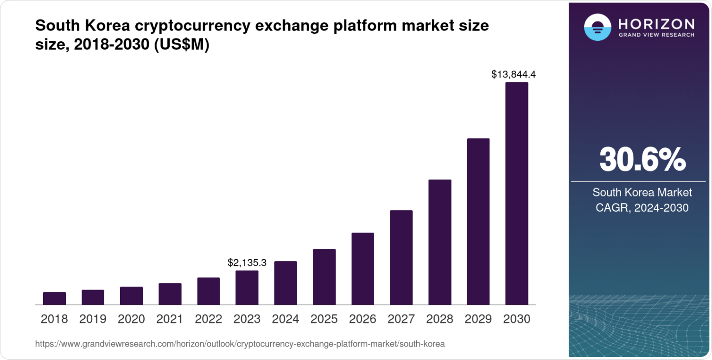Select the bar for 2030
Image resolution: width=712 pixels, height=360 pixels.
click(x=516, y=194)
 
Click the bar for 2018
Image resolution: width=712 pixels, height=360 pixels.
click(x=54, y=298)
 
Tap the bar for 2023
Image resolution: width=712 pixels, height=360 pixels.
click(x=247, y=288)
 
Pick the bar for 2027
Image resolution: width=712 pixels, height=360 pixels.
click(x=401, y=258)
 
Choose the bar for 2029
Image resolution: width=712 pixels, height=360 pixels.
click(x=478, y=221)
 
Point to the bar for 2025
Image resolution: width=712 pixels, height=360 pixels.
click(x=324, y=277)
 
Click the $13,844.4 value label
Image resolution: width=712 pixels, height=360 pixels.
click(x=514, y=74)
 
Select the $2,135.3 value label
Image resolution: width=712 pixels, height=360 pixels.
click(x=247, y=263)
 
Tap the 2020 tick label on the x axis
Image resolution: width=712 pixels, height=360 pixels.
click(x=131, y=319)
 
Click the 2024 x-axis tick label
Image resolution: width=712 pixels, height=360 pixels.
click(x=286, y=319)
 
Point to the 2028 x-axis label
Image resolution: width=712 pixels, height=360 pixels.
click(x=439, y=319)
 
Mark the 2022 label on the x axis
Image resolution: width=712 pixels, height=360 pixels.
click(x=208, y=319)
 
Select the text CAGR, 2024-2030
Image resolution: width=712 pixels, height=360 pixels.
click(x=642, y=208)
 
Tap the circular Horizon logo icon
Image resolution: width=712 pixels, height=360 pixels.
click(x=597, y=27)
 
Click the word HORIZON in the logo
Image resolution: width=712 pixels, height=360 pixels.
click(x=656, y=24)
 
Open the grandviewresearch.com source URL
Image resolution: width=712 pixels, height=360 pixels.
click(x=240, y=344)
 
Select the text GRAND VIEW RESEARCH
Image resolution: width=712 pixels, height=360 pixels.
click(x=656, y=35)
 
